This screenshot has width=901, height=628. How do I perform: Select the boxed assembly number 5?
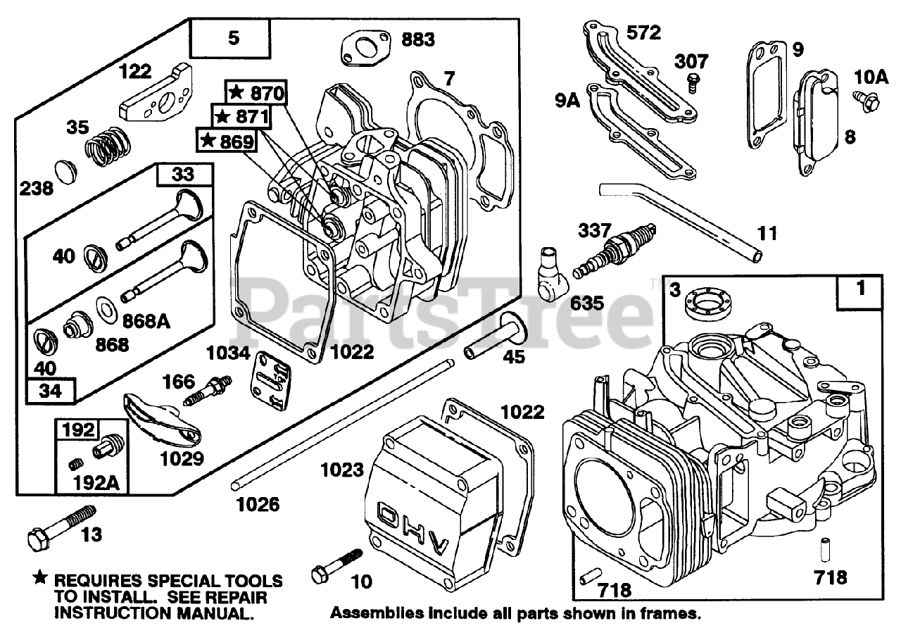click(234, 37)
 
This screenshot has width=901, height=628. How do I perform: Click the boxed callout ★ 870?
click(255, 92)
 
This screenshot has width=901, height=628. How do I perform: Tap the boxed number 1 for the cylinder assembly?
click(861, 289)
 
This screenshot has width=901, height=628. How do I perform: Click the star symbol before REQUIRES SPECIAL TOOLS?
click(42, 579)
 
